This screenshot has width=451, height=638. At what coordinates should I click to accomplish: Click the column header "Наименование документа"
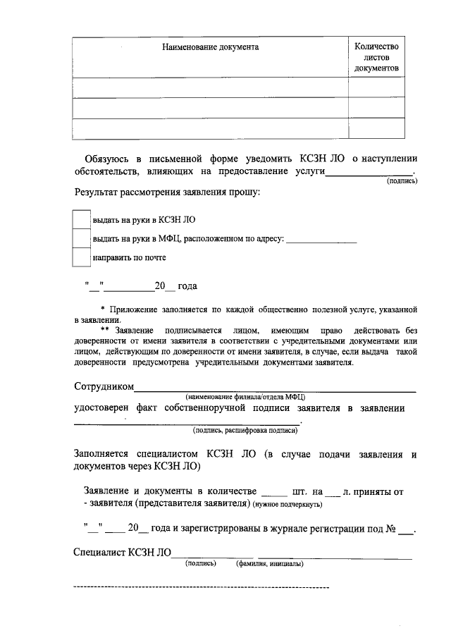210,47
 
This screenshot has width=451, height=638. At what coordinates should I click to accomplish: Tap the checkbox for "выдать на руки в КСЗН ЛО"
82,219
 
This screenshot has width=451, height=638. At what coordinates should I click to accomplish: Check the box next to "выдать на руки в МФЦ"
82,239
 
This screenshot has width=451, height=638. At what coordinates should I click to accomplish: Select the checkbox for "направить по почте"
82,257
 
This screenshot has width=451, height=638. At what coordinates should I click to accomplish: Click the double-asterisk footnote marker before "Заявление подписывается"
104,330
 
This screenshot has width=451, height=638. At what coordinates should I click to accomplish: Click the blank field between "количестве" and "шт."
274,491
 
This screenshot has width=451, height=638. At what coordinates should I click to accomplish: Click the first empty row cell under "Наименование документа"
210,87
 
